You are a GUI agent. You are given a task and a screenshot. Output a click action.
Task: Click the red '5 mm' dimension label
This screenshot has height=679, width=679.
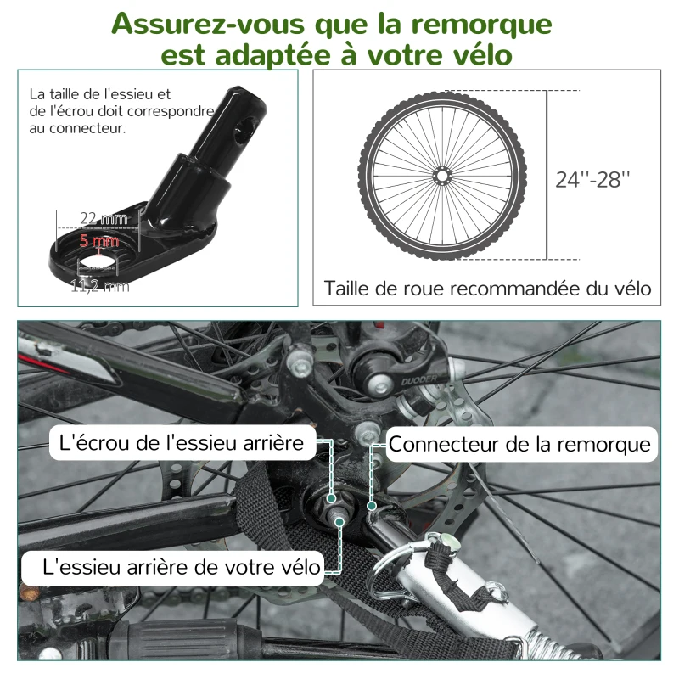coord(98,240)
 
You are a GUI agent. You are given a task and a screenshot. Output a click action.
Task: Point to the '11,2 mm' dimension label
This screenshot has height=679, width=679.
coord(100,286)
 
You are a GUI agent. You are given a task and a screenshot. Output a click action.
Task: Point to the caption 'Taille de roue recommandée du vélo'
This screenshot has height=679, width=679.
coord(487,289)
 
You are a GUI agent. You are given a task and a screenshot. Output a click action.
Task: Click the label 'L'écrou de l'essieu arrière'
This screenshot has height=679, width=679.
coord(182,443)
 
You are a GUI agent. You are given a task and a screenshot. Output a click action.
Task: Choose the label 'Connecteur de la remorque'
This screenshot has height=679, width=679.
coord(519,444)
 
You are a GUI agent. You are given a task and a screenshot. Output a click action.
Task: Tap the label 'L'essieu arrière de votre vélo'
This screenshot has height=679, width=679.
coord(172,566)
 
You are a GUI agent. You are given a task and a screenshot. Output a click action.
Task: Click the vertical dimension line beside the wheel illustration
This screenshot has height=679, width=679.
coord(547,175)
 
